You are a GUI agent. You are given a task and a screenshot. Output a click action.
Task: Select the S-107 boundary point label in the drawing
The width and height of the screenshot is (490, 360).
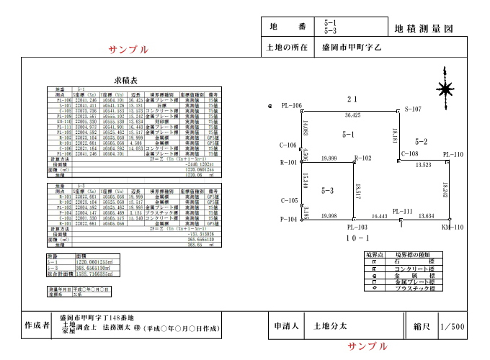[x=413, y=109]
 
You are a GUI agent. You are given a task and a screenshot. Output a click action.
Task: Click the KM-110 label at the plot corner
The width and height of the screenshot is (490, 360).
[x=453, y=227]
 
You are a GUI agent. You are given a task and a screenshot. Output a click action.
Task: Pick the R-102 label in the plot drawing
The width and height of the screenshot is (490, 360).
[x=362, y=157]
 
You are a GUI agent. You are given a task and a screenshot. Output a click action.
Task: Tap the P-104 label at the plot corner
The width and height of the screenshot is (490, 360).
[x=288, y=219]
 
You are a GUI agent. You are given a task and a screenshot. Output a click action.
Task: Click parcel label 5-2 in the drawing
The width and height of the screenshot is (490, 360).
[x=422, y=141]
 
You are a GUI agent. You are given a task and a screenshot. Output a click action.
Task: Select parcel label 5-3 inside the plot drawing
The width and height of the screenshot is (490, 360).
[x=326, y=191]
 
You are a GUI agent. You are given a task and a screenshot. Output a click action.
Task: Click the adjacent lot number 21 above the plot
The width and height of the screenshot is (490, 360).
[x=352, y=99]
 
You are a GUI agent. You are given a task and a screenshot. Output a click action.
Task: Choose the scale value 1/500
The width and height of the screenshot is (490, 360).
[x=453, y=326]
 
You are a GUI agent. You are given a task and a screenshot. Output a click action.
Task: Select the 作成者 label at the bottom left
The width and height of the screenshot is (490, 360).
[x=36, y=325]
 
